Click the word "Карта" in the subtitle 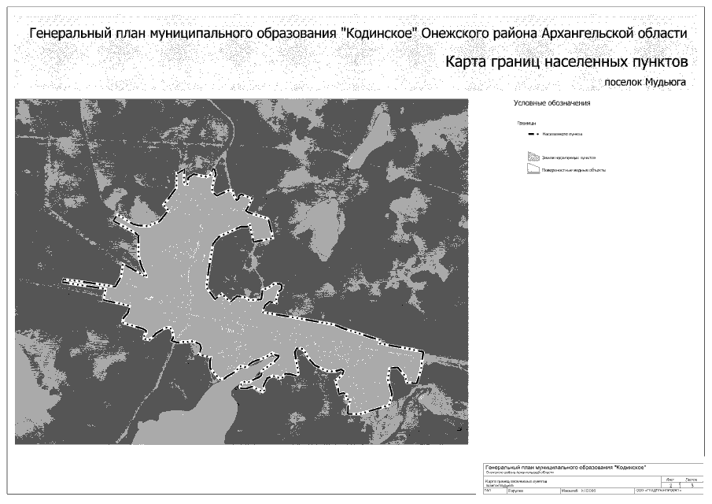(x=470, y=61)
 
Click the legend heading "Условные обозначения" (x=552, y=103)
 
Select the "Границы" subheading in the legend (x=526, y=124)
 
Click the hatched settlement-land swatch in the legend (x=533, y=157)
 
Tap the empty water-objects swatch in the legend (x=533, y=169)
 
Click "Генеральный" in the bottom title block (x=505, y=467)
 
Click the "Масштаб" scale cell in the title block (x=570, y=491)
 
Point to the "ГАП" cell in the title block (x=489, y=491)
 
